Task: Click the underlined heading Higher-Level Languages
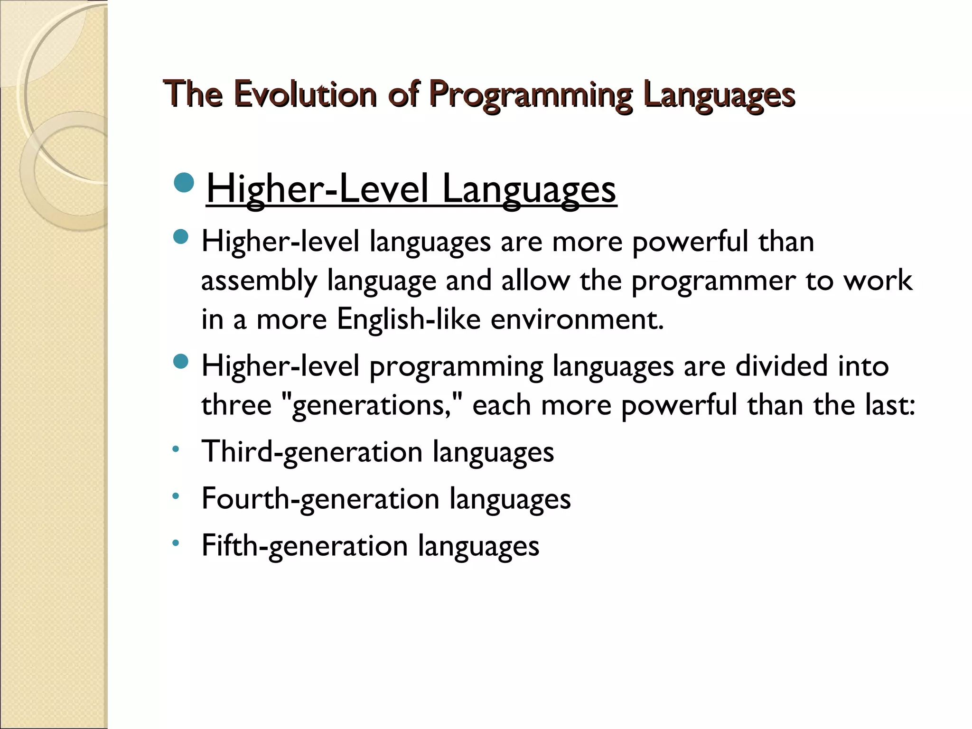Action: click(411, 189)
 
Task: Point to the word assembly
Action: click(259, 281)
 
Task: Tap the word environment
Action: click(577, 319)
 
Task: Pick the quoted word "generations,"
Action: click(372, 405)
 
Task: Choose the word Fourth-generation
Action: click(320, 499)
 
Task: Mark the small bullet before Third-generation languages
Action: click(176, 449)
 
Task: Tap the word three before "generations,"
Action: click(236, 405)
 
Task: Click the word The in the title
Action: click(193, 94)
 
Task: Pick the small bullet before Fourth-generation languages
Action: click(176, 496)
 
